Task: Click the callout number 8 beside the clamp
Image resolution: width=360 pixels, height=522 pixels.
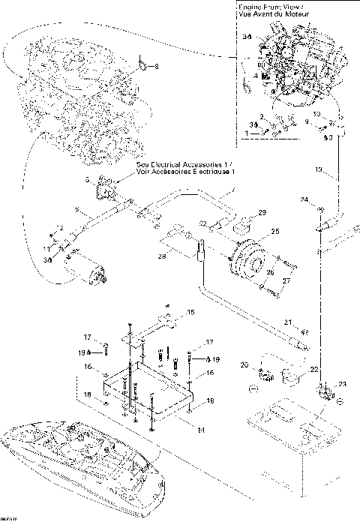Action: coord(157,67)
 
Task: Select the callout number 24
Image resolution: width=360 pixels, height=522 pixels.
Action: coord(304,200)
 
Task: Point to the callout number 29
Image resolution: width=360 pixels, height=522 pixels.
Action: coord(262,213)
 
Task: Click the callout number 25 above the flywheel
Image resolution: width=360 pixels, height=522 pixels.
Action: coord(275,232)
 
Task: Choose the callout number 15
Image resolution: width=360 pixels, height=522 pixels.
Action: coord(190,311)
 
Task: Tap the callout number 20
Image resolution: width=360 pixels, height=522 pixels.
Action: coord(244,364)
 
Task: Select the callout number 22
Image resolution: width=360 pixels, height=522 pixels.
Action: coord(314,370)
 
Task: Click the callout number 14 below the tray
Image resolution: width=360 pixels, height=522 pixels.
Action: coord(200,430)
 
